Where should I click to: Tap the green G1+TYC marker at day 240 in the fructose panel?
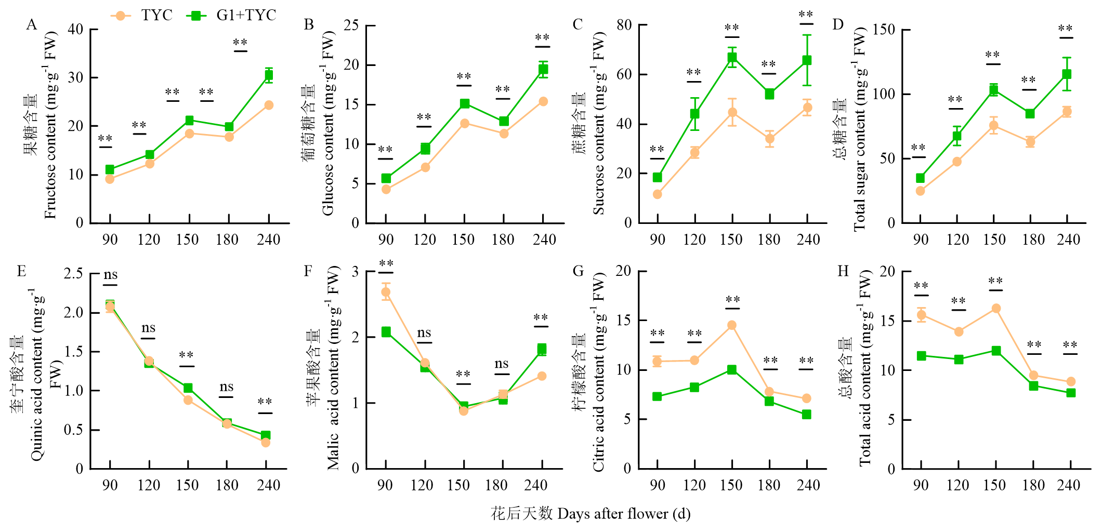tap(269, 75)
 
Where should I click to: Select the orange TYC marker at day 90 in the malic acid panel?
tap(386, 292)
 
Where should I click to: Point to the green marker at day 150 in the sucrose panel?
tap(732, 58)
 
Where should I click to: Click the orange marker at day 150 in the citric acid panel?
tap(732, 325)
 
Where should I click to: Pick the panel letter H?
tap(843, 271)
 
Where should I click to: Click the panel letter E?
tap(21, 271)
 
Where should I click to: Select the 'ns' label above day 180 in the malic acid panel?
tap(502, 364)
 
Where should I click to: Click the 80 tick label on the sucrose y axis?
tap(624, 24)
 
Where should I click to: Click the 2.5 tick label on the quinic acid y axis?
tap(73, 273)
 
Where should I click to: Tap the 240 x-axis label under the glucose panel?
tap(544, 240)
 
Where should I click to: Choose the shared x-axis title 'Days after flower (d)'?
tap(624, 514)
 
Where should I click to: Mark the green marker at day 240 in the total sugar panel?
tap(1067, 74)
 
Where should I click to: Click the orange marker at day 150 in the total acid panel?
tap(996, 309)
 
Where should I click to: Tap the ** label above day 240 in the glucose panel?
tap(542, 38)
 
